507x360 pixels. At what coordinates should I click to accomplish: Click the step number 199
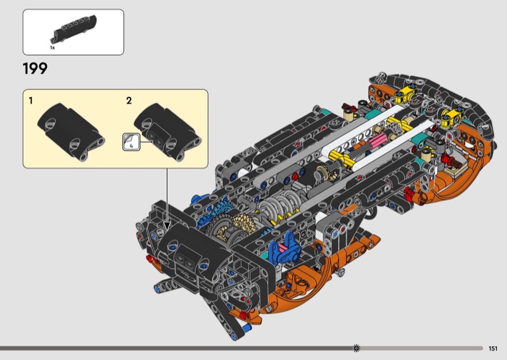(x=35, y=68)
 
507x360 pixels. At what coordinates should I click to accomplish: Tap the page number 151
(x=493, y=349)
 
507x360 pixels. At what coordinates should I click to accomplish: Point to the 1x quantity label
(x=53, y=48)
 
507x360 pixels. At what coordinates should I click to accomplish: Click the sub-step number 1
(x=30, y=101)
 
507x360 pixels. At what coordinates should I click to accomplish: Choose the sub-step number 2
(x=129, y=101)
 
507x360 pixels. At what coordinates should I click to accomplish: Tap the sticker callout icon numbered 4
(x=131, y=143)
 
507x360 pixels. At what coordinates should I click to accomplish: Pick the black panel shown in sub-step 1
(x=71, y=132)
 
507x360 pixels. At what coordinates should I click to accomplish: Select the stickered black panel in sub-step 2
(x=167, y=132)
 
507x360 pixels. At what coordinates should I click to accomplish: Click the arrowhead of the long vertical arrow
(x=167, y=226)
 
